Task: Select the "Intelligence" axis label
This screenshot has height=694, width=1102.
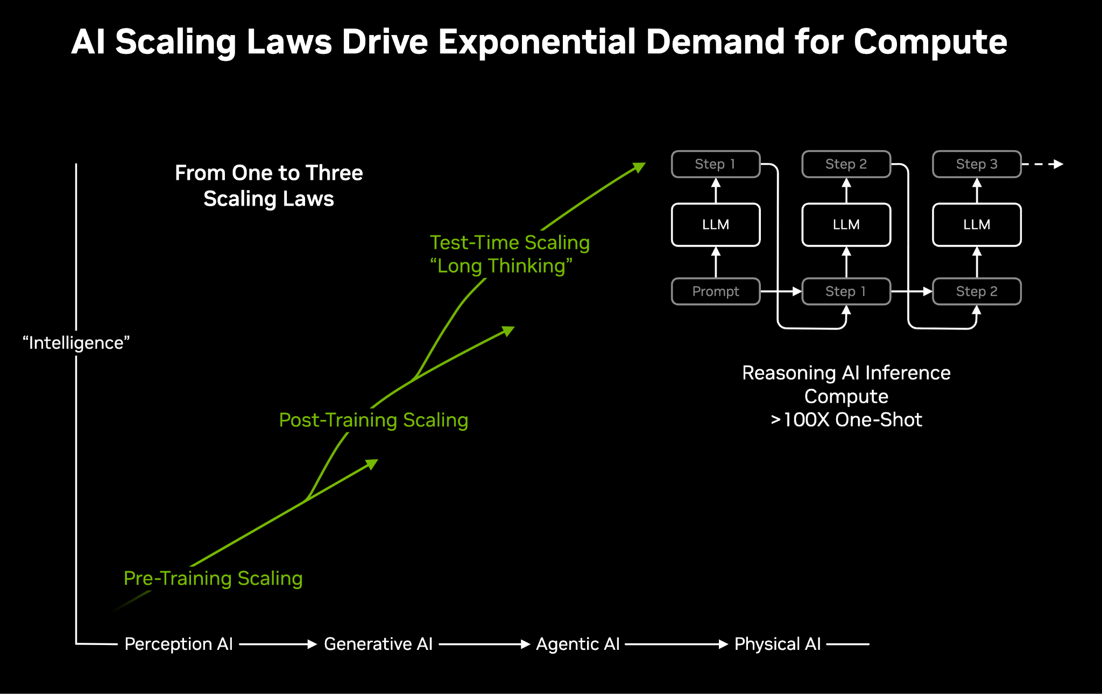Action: pos(76,343)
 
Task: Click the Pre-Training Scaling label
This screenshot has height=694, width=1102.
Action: pos(213,578)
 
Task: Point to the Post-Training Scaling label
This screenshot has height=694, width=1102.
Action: pos(373,420)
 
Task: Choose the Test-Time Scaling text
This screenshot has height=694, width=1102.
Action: pos(510,242)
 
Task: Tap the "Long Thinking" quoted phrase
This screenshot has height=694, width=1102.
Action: pos(501,266)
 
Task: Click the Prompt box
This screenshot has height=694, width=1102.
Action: pos(715,291)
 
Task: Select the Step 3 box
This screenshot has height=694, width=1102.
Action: pos(976,164)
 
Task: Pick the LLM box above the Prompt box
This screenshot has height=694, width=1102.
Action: pos(715,225)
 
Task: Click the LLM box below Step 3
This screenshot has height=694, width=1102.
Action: pos(976,225)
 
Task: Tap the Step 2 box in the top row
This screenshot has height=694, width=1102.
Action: pos(846,164)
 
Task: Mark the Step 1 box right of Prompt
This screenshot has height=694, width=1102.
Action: pos(846,291)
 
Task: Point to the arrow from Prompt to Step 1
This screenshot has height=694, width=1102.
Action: pos(781,291)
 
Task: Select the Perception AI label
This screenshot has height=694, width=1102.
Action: pos(179,644)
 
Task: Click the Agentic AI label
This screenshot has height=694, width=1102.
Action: pos(578,644)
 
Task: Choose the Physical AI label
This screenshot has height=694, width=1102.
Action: pos(778,644)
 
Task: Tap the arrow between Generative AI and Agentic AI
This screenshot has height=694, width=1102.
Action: pos(484,644)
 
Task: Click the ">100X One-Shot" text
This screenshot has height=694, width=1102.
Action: pos(846,420)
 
